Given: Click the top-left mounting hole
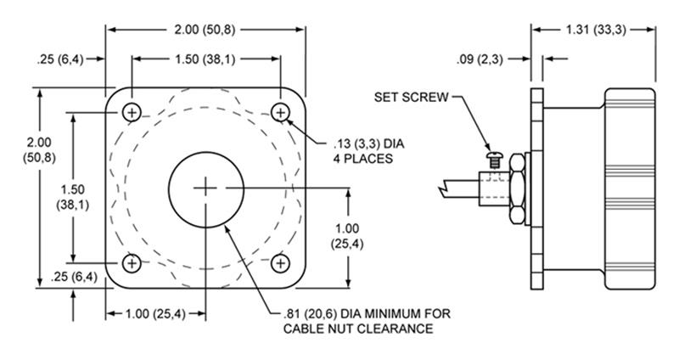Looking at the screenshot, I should coord(131,112).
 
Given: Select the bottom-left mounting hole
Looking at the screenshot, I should coord(131,263).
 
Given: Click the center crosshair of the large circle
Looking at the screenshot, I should coord(205,188).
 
